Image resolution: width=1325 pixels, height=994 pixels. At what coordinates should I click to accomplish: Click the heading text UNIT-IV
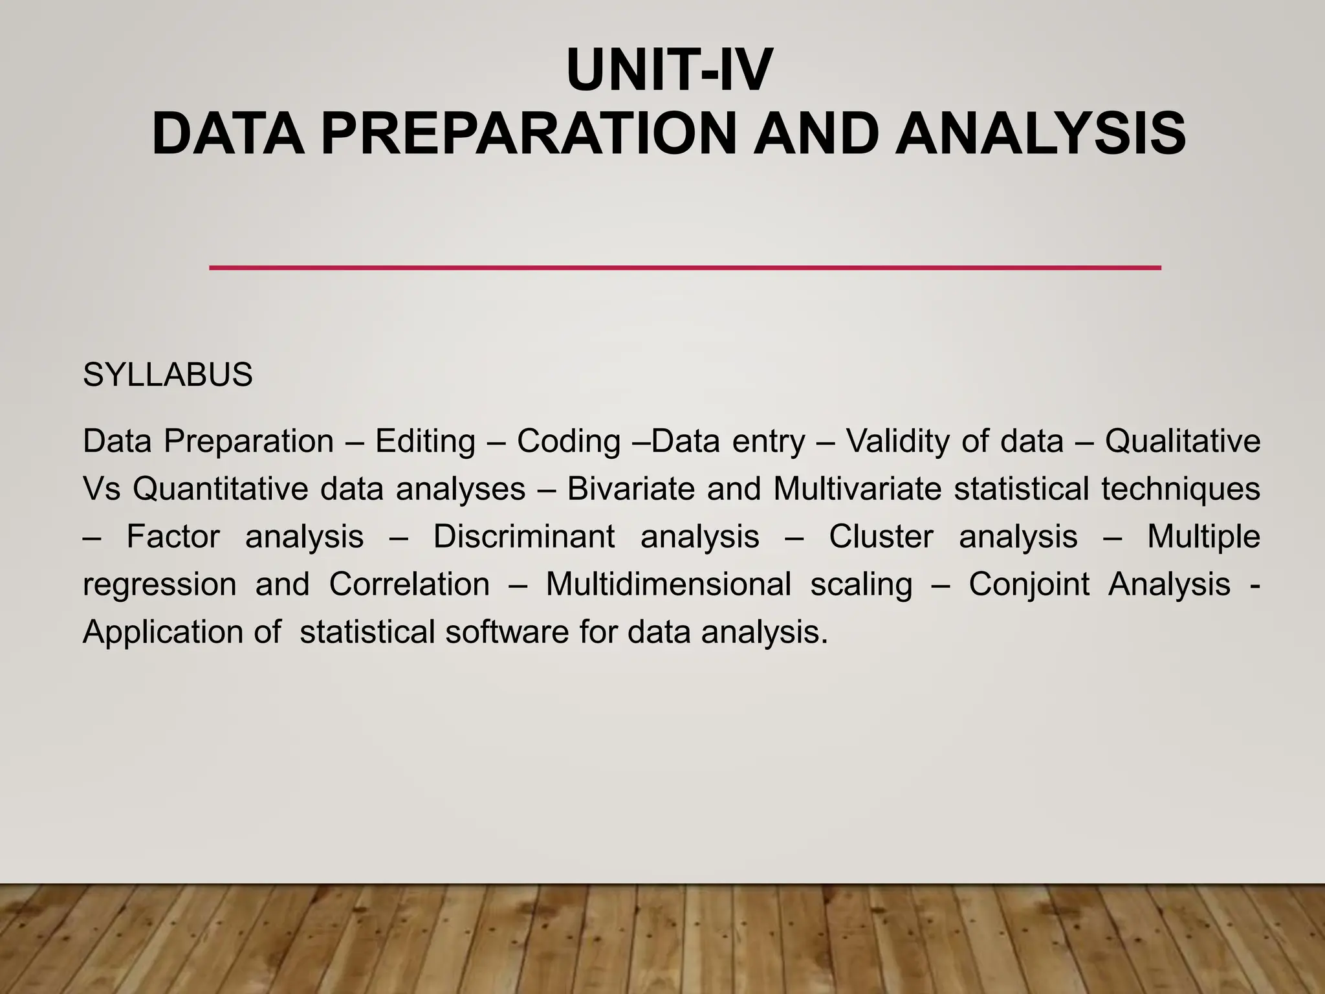(669, 72)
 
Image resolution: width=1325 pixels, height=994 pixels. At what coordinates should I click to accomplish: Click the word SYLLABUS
(168, 375)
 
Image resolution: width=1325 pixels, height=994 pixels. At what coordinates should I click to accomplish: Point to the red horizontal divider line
(684, 267)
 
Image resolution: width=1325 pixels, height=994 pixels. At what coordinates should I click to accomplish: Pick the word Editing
(425, 442)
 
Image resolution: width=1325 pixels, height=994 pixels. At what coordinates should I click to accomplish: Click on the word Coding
(569, 442)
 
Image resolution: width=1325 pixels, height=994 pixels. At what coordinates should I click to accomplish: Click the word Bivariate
(630, 489)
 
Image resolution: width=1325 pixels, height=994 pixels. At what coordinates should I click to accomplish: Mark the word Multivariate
(857, 489)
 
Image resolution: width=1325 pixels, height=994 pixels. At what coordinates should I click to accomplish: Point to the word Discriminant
(524, 537)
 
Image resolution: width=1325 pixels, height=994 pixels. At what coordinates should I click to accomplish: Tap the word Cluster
(881, 537)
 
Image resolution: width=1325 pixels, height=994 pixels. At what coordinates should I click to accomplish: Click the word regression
(160, 585)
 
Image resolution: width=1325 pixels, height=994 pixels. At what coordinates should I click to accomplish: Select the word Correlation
(410, 585)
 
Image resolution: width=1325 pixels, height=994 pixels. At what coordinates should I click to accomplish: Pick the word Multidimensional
(668, 585)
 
